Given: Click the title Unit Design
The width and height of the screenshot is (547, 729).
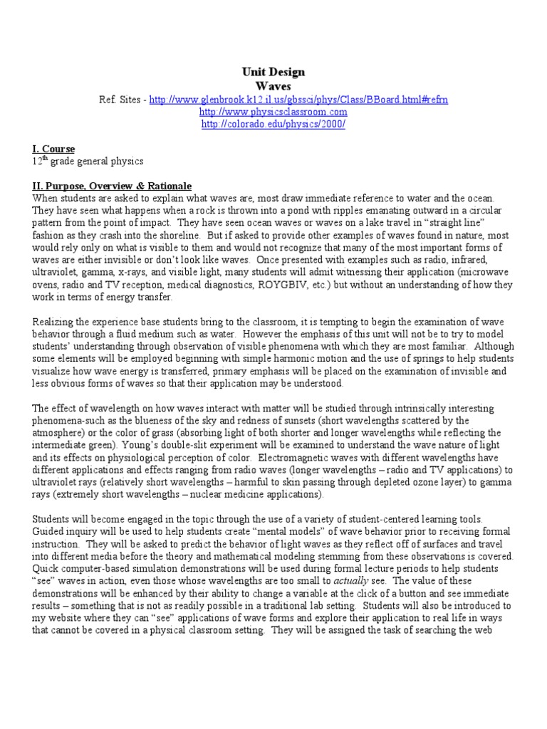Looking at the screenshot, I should [273, 72].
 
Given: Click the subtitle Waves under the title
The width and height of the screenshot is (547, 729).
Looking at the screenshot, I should [273, 85].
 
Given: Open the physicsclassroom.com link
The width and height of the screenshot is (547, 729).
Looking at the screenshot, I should [273, 112].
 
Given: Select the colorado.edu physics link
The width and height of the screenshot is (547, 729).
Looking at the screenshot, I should [273, 124].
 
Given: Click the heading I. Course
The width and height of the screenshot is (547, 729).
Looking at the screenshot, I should [53, 150].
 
